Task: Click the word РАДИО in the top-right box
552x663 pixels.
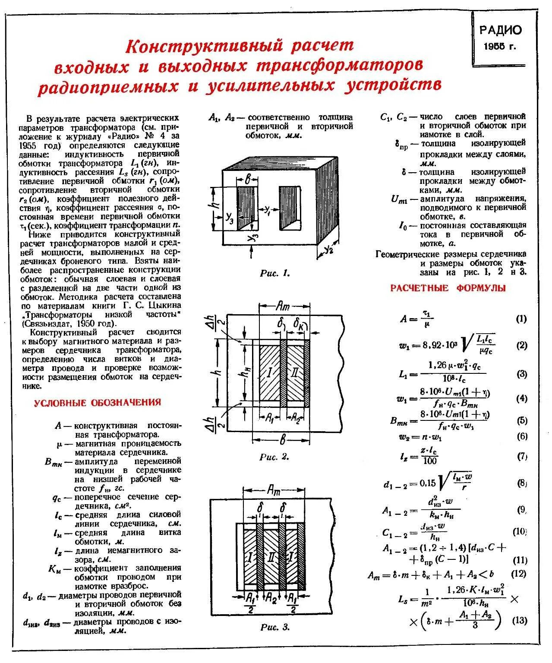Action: point(500,30)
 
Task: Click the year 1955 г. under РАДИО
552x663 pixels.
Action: point(500,47)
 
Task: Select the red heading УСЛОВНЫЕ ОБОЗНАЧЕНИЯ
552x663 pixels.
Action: point(97,403)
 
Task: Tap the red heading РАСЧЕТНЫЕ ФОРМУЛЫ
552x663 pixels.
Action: point(448,288)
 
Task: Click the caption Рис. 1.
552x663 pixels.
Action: point(274,273)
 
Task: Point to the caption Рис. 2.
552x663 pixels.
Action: point(274,457)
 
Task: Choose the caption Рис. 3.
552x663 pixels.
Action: point(274,627)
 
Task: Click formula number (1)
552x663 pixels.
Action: point(521,319)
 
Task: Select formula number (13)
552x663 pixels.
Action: point(519,621)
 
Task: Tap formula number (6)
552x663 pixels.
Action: point(521,436)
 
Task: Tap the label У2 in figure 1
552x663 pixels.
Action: point(329,249)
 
